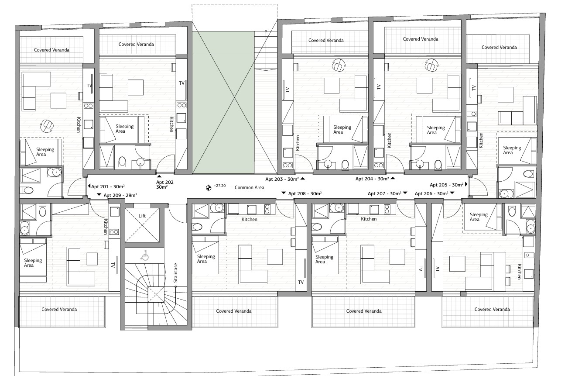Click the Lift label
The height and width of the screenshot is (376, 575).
142,216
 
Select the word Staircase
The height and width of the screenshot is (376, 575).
176,273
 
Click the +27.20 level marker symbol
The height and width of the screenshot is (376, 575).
209,188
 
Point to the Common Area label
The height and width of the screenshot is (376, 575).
249,187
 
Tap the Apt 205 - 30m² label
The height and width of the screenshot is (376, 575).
446,185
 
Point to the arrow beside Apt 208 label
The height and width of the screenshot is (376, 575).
284,193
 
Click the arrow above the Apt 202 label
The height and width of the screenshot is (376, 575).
159,176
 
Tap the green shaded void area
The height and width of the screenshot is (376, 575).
223,102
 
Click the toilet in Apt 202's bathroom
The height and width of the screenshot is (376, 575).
122,162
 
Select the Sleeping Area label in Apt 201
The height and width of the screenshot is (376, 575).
45,152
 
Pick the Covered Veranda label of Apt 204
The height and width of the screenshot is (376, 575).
421,39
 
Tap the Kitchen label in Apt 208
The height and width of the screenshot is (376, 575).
249,219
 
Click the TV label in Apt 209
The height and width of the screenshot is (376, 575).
113,265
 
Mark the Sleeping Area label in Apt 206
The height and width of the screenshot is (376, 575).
479,217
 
